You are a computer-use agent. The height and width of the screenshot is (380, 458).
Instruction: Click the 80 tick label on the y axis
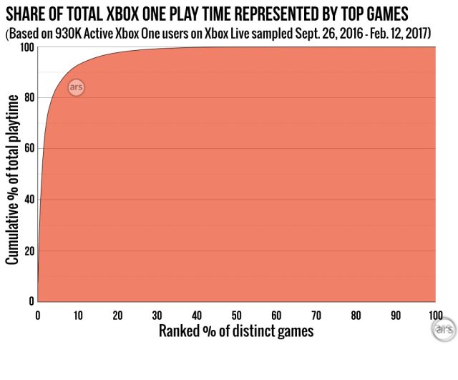tap(28, 98)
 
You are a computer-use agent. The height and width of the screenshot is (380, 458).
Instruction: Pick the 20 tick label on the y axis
tap(28, 251)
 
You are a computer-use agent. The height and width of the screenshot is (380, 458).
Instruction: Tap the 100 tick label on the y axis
tap(25, 47)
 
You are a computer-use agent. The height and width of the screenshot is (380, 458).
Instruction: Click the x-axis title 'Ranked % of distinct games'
tap(236, 332)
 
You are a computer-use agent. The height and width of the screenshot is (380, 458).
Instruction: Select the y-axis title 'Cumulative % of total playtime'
tap(12, 175)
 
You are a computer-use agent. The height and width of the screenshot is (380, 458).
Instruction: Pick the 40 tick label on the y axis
tap(28, 200)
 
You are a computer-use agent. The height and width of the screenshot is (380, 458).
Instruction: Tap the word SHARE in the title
tap(27, 12)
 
